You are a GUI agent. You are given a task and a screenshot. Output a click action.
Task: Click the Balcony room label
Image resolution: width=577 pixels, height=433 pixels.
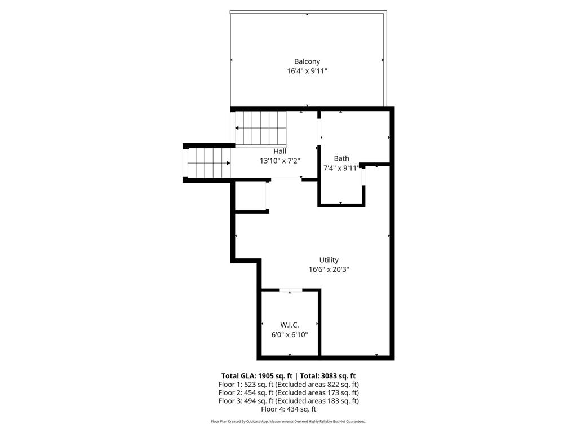click(x=307, y=61)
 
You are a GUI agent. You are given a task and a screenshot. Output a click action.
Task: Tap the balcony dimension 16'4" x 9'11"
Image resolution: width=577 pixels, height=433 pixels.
click(x=307, y=71)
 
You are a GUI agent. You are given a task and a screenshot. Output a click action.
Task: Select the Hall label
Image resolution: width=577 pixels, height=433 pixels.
click(x=279, y=151)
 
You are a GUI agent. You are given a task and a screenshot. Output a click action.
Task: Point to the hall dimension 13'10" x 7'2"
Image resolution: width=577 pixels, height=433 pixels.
click(x=279, y=161)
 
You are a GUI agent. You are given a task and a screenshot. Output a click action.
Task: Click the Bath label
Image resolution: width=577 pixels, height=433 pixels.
click(x=341, y=158)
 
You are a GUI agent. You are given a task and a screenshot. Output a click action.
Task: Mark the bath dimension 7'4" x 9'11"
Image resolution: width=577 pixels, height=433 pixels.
click(x=341, y=168)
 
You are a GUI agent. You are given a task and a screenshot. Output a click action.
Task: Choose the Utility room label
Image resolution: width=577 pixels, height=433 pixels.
click(x=329, y=260)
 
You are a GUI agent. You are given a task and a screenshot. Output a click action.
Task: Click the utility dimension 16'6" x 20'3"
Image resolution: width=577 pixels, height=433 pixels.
click(x=329, y=269)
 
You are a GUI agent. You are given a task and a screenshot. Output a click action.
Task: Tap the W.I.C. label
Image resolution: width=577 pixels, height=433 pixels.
click(x=290, y=325)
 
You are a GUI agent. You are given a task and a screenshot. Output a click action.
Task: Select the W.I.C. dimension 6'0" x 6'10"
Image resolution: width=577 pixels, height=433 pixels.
click(x=290, y=334)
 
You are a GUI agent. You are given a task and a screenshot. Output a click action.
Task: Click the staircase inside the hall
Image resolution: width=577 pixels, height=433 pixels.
click(x=261, y=128)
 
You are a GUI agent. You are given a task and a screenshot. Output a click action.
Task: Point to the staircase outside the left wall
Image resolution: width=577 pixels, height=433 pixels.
click(x=207, y=162)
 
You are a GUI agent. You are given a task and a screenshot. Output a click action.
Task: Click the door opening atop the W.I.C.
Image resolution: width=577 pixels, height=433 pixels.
click(x=291, y=290)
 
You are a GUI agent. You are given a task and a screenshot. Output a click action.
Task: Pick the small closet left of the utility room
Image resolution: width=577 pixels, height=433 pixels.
click(x=250, y=196)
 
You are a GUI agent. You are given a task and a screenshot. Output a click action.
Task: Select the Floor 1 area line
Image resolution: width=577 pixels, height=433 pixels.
click(x=288, y=384)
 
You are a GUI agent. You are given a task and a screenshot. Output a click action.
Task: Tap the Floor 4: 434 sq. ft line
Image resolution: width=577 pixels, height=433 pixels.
click(x=288, y=409)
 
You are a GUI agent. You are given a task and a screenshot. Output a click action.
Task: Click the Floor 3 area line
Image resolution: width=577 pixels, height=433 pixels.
click(x=288, y=401)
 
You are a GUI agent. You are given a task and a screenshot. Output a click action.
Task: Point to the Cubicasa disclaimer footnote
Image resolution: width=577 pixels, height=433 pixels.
click(x=288, y=422)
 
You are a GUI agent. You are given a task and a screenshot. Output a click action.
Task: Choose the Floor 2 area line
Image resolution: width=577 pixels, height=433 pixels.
click(x=288, y=392)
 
